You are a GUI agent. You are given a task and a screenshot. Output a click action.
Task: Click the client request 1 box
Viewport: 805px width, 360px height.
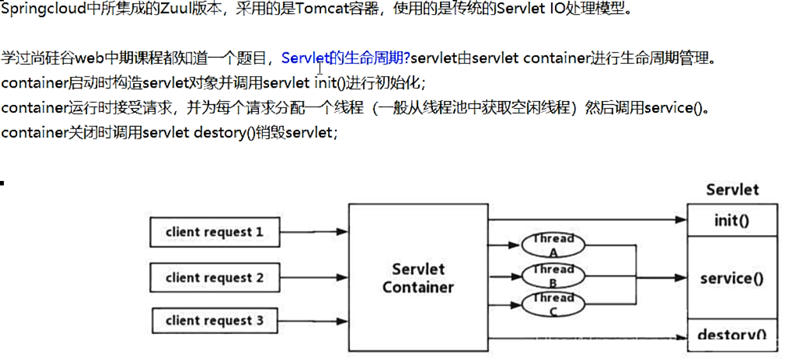coord(214,232)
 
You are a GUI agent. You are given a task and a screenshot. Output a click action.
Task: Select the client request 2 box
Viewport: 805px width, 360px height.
coord(214,278)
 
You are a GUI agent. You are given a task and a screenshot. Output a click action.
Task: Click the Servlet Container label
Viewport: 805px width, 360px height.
coord(418,278)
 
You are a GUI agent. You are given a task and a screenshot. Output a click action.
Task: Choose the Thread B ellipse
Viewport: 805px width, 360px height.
coord(554,276)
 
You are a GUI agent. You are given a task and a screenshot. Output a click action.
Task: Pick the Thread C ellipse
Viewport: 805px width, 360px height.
coord(554,304)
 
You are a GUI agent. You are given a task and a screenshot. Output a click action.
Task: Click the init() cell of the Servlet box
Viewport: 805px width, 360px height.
coord(731,221)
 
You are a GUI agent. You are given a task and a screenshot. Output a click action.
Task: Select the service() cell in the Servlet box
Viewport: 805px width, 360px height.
coord(731,278)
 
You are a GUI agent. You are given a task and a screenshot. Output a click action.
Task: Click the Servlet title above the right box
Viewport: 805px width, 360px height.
coord(732,189)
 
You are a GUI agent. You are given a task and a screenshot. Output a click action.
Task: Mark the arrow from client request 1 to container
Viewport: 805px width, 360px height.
coord(314,232)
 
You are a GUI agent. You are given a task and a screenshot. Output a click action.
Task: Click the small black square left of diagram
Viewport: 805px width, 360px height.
coord(2,184)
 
